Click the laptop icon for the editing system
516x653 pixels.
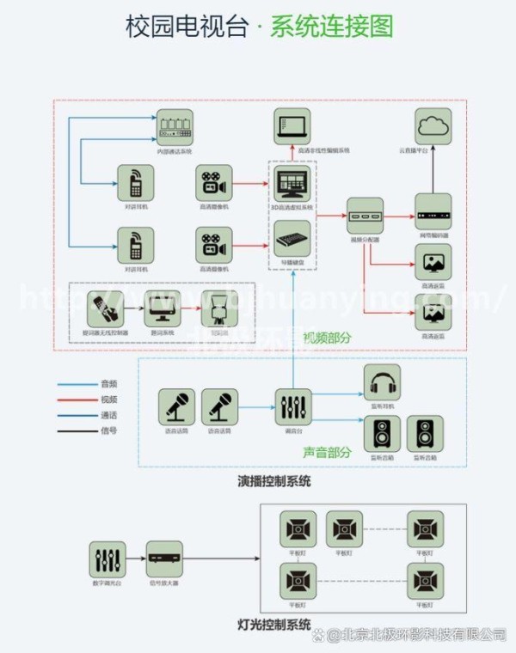point(292,128)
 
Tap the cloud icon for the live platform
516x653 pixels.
point(433,128)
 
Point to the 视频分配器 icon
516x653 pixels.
point(365,216)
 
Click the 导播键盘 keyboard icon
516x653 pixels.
point(292,238)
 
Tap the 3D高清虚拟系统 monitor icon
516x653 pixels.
point(292,184)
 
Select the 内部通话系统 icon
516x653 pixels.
point(175,128)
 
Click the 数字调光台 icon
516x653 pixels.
point(107,558)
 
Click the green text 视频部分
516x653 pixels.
point(326,338)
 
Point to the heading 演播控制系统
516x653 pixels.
point(274,481)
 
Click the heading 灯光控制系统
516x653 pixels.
point(274,624)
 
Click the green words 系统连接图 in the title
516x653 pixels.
point(331,27)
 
